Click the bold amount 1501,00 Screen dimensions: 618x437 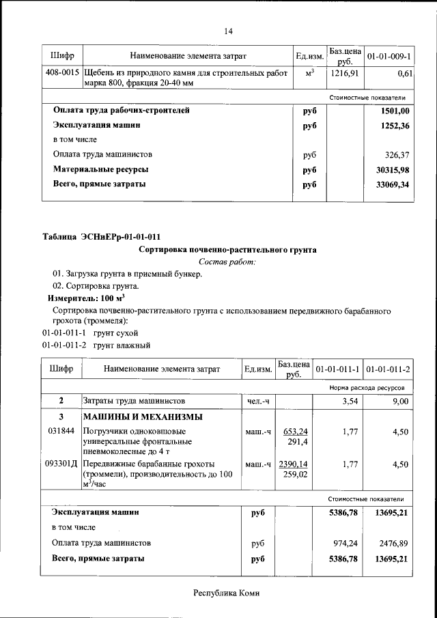click(x=396, y=111)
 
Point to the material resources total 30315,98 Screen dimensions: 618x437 click(x=394, y=169)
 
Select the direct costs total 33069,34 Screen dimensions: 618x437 click(x=394, y=184)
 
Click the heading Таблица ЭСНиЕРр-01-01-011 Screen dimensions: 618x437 click(x=101, y=237)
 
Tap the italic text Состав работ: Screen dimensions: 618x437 click(x=227, y=262)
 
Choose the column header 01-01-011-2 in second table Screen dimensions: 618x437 click(x=388, y=369)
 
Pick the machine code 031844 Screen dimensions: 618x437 click(x=61, y=431)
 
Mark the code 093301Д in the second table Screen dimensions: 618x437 click(x=61, y=464)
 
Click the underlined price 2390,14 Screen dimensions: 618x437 click(x=293, y=464)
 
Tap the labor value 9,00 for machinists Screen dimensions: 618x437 click(x=399, y=401)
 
